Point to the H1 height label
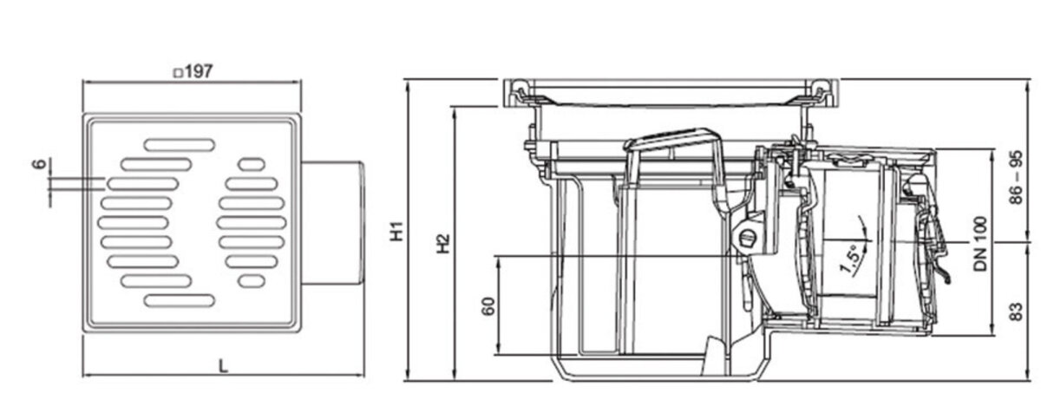click(x=396, y=233)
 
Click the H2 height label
click(x=442, y=244)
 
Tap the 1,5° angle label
click(x=850, y=258)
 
